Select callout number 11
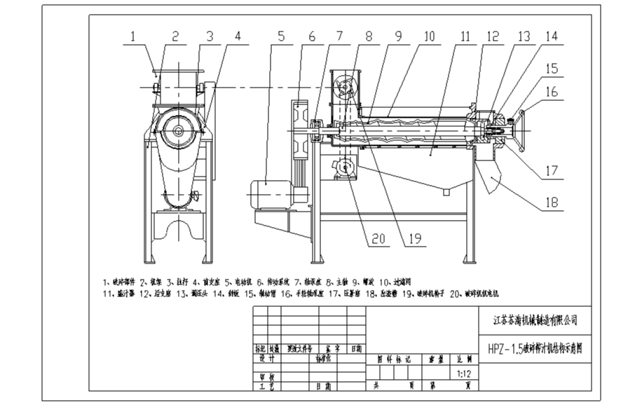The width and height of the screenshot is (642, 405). (x=465, y=35)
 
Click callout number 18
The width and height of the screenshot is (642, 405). (x=552, y=203)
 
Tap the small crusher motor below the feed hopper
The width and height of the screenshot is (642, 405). (x=343, y=168)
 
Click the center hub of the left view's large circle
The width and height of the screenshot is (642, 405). (x=179, y=131)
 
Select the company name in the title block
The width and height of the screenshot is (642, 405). (x=535, y=320)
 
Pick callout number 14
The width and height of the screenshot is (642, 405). (x=552, y=35)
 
